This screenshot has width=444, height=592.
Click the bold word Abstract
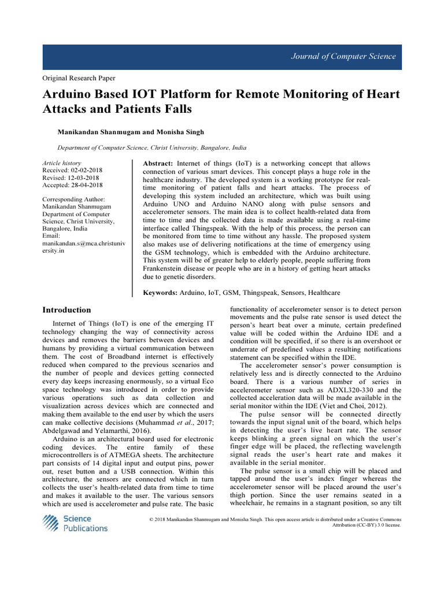(x=157, y=164)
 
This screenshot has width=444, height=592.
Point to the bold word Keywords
(x=160, y=293)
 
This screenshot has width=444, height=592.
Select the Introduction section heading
(x=66, y=310)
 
